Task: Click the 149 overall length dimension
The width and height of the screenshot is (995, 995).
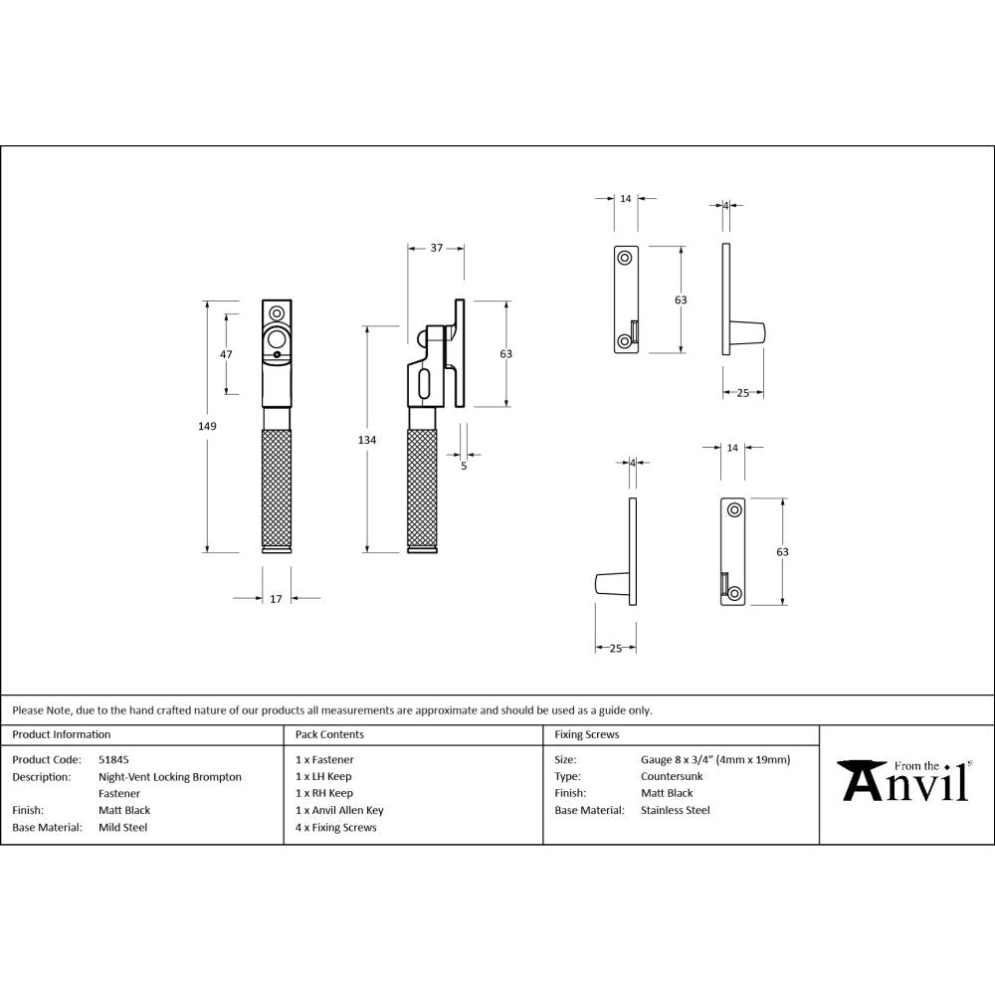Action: point(207,426)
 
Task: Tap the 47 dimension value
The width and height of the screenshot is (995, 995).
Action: point(226,355)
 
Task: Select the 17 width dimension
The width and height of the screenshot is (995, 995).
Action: point(276,598)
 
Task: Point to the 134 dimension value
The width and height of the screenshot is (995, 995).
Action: point(368,440)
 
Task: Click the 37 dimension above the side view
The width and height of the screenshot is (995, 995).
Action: point(436,248)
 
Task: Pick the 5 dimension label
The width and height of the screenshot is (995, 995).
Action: point(464,464)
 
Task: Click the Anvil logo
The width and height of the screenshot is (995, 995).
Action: point(904,781)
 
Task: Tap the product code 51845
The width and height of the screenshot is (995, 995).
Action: point(113,759)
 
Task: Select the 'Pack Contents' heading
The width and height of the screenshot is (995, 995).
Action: point(329,734)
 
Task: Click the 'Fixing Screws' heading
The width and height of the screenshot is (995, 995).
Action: point(586,734)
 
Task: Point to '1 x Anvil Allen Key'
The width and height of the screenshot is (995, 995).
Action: point(339,810)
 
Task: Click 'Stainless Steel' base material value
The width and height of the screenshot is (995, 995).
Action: point(675,810)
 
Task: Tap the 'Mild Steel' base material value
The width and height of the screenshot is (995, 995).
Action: point(122,827)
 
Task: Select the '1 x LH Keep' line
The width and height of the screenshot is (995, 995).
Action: point(323,776)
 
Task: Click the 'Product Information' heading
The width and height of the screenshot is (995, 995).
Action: point(62,734)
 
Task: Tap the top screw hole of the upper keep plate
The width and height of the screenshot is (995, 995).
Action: point(624,258)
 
